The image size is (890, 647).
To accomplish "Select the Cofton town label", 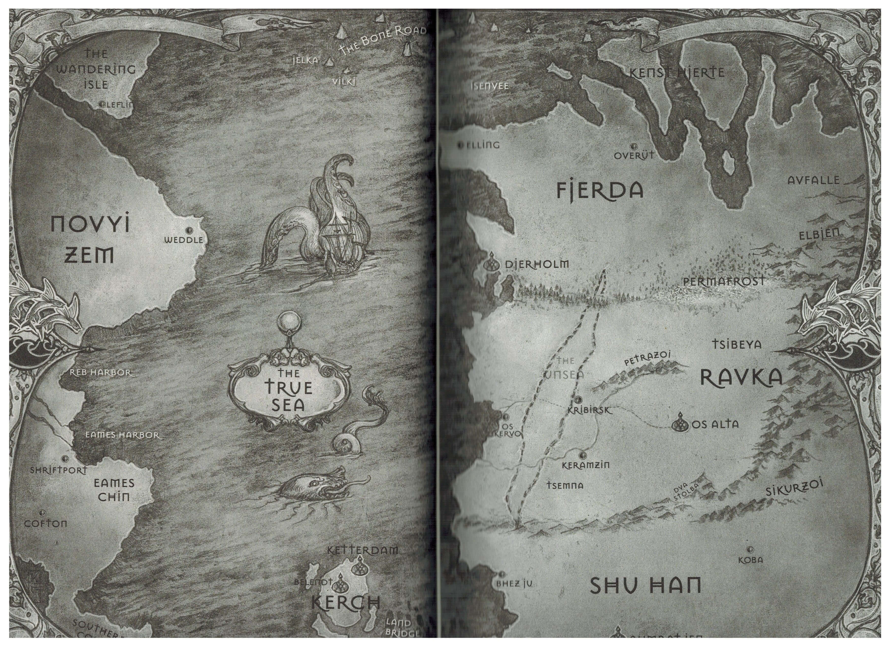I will click(x=45, y=524).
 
